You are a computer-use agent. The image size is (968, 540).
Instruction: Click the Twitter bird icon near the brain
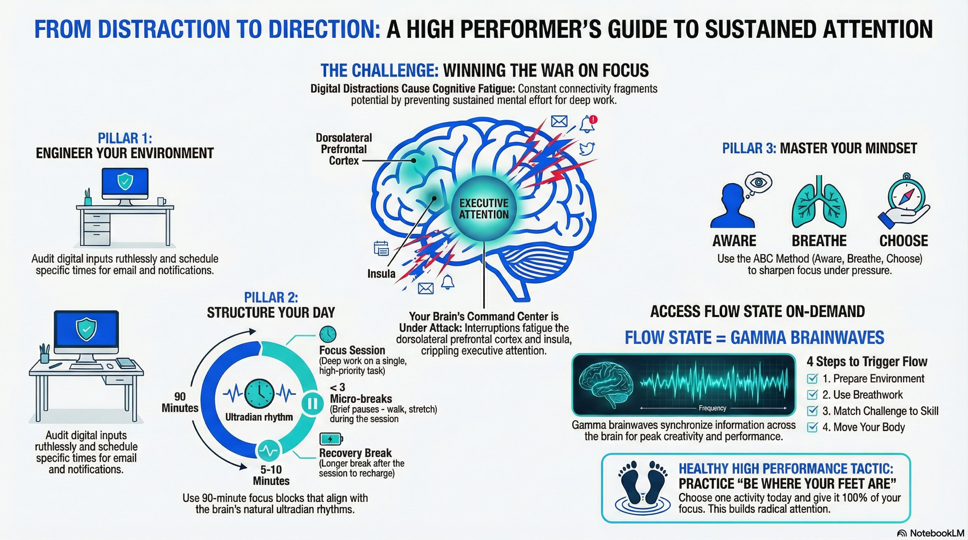[587, 148]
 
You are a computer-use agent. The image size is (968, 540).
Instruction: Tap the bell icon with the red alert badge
[588, 124]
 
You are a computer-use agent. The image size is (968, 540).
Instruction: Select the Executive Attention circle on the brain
[484, 209]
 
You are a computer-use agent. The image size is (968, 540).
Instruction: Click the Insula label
[381, 274]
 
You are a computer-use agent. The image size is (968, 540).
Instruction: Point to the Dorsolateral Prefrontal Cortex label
[344, 149]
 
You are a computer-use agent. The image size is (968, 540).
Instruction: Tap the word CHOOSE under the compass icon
[904, 241]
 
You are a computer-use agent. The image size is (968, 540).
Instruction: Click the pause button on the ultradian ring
[312, 404]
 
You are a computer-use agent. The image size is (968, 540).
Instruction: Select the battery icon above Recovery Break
[331, 439]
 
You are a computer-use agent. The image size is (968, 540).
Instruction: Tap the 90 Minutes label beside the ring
[180, 402]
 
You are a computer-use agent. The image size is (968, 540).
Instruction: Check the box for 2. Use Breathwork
[812, 394]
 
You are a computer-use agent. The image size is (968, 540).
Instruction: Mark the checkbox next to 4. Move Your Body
[812, 427]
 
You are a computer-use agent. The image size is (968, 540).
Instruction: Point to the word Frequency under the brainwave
[712, 408]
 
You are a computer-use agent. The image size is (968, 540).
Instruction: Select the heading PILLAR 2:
[271, 297]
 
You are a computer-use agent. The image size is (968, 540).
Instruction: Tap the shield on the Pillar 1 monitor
[125, 181]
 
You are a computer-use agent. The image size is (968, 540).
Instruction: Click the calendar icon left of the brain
[381, 248]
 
